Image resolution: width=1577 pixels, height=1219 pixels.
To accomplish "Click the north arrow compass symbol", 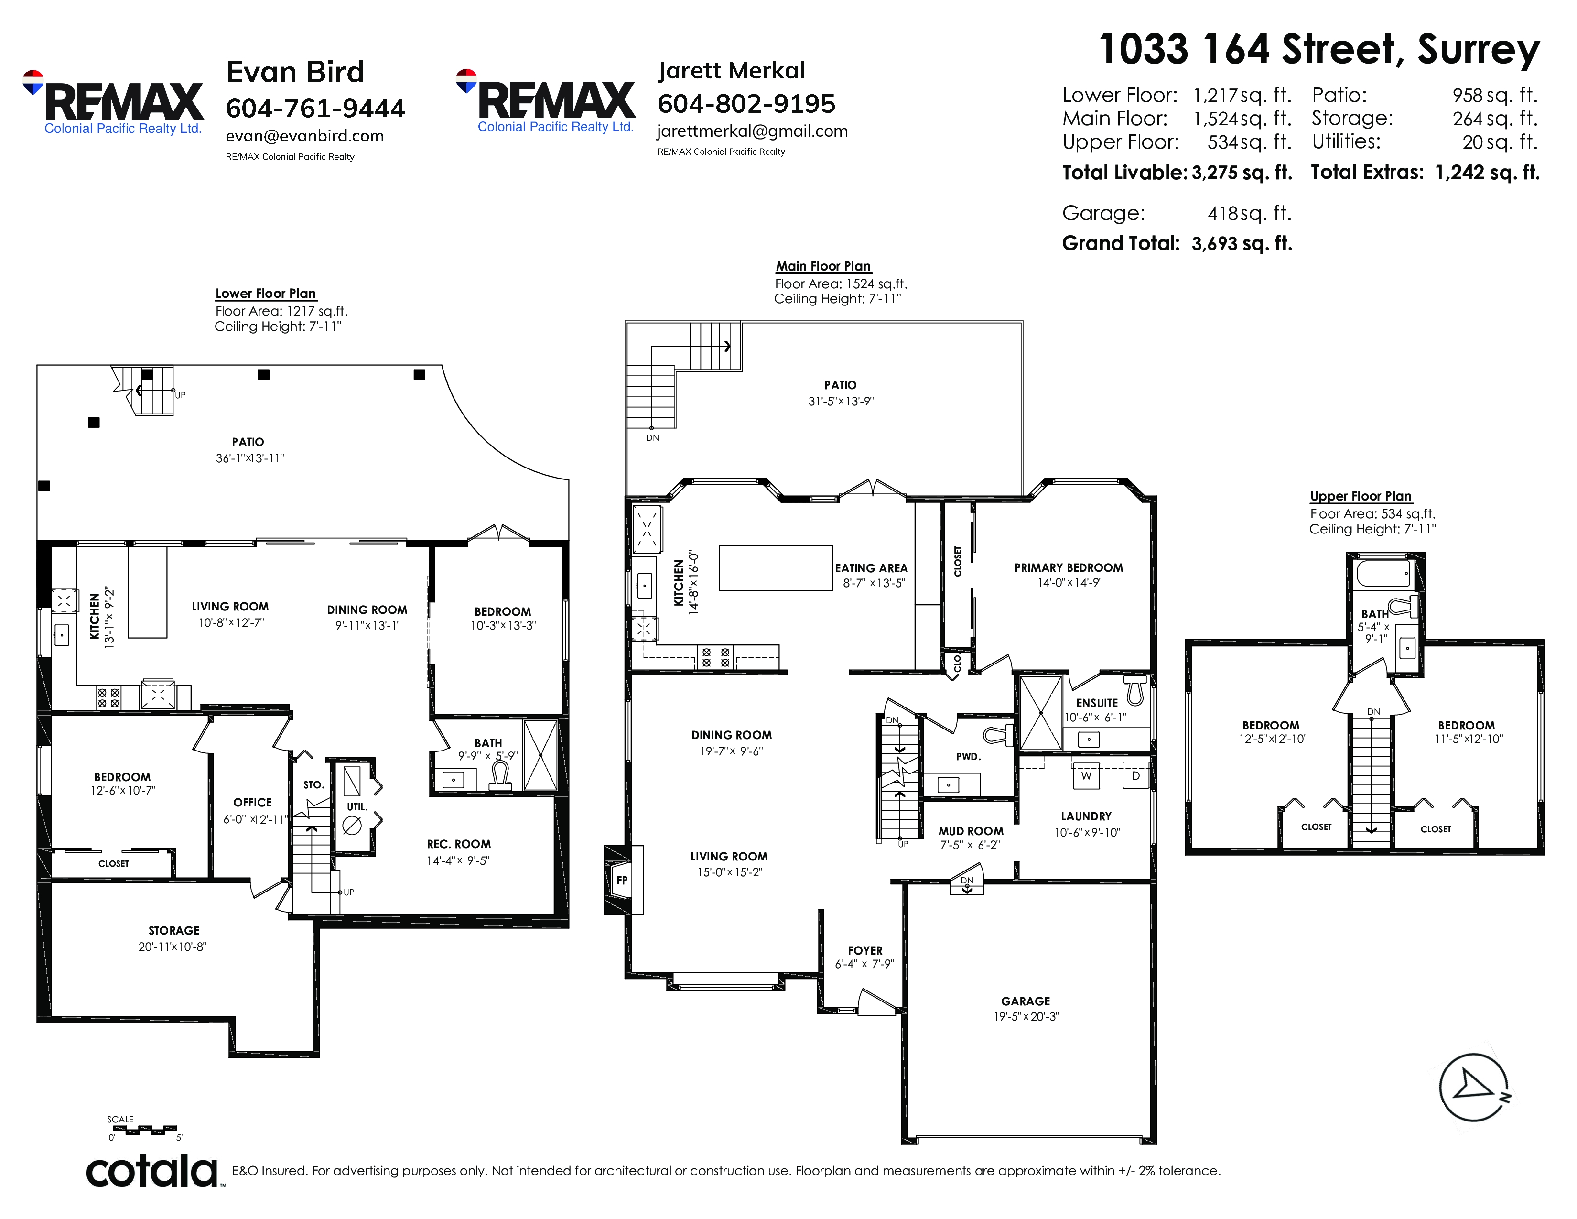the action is (1473, 1088).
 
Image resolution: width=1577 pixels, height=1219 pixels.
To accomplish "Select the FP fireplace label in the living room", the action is (622, 880).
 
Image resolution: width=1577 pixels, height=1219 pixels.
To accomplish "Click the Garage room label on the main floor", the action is (1026, 1001).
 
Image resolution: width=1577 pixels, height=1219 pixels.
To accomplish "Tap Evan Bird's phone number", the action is (315, 109).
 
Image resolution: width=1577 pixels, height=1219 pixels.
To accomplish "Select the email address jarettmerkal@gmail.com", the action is (752, 131).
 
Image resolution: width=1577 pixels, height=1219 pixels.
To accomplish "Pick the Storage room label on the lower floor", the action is (174, 931).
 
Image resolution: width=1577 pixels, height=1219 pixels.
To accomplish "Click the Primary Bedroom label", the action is (1069, 567).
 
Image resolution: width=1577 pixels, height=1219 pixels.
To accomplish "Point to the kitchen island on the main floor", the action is (776, 567).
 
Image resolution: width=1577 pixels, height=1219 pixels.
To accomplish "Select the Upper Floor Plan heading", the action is (1361, 496).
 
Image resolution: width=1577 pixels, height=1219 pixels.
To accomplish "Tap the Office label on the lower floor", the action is (252, 802).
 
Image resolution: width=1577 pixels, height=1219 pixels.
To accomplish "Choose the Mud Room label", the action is (971, 831).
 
